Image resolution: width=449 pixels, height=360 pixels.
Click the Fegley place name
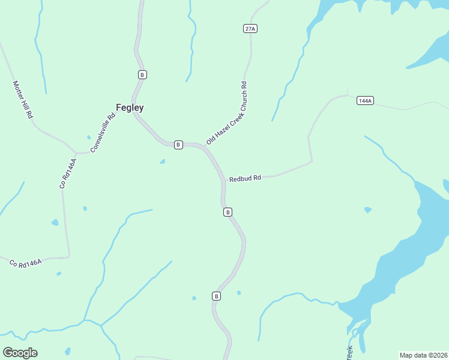(x=129, y=108)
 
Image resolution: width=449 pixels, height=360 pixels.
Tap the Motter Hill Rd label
(x=22, y=100)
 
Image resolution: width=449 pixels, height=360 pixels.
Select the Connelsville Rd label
(x=102, y=133)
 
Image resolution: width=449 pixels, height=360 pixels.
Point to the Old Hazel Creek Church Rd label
(x=227, y=113)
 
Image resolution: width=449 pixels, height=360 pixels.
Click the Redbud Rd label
(x=245, y=178)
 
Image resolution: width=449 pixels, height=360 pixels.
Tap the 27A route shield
(x=250, y=29)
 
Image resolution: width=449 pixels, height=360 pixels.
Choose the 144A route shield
(x=364, y=100)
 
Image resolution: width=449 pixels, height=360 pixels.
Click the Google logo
(x=20, y=353)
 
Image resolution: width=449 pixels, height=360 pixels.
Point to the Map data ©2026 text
(x=423, y=355)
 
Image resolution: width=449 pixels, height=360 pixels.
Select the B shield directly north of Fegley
(x=142, y=74)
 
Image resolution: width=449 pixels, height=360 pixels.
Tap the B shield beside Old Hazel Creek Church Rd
(x=178, y=145)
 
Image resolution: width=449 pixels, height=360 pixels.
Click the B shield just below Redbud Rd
(x=228, y=212)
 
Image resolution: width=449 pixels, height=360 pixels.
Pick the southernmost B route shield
(x=217, y=296)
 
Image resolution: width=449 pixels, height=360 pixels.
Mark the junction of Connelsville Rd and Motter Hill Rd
(x=76, y=152)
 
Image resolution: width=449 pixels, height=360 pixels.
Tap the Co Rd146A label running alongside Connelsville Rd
(x=68, y=173)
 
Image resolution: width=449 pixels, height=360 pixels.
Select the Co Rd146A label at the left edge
(x=26, y=263)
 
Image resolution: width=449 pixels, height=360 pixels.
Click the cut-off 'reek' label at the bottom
(x=349, y=352)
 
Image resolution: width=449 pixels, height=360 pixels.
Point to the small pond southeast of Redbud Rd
(x=367, y=210)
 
